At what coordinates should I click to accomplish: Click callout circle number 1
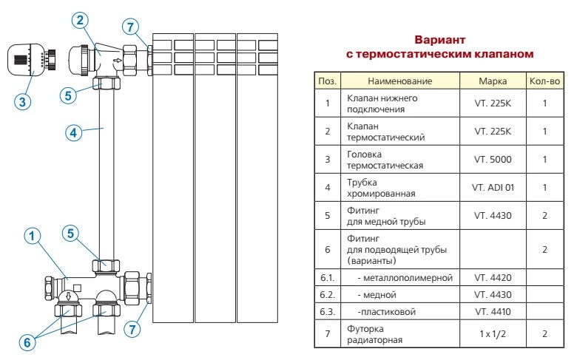pos(30,237)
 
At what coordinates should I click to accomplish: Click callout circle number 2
pos(82,20)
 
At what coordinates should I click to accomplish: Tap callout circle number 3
pos(24,103)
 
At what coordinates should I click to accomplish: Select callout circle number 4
pos(72,133)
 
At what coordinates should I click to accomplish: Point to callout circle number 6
pos(27,342)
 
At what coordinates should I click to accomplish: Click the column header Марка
pos(493,81)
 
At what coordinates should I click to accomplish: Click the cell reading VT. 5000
pos(493,159)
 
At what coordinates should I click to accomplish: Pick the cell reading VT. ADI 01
pos(493,188)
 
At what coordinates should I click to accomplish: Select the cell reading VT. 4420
pos(493,278)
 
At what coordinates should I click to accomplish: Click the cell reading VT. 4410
pos(493,311)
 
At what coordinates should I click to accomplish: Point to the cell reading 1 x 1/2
pos(493,334)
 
